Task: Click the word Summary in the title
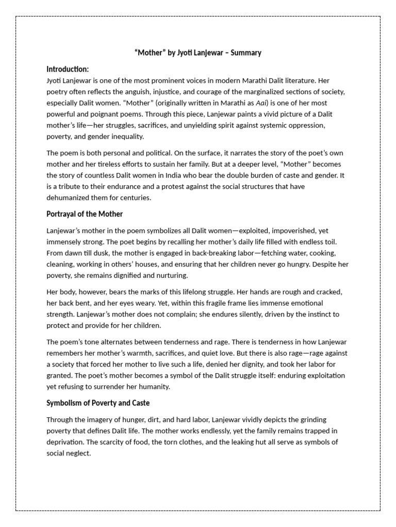click(x=246, y=52)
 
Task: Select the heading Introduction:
click(x=68, y=69)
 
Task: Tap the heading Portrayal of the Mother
click(x=85, y=214)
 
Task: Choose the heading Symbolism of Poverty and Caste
click(x=98, y=402)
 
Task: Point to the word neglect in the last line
click(x=79, y=453)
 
